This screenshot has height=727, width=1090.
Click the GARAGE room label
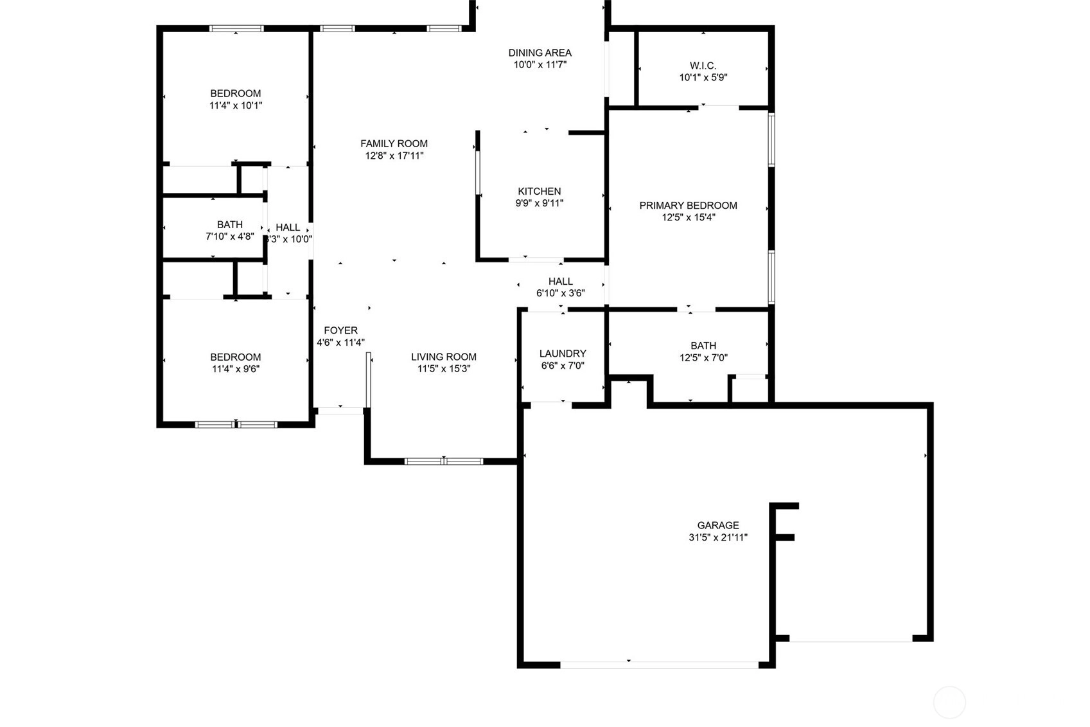click(x=717, y=525)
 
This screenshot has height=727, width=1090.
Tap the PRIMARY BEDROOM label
click(x=688, y=206)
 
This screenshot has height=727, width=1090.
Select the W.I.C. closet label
click(x=703, y=66)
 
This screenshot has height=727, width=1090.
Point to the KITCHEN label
click(x=539, y=192)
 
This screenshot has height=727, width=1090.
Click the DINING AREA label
click(x=540, y=53)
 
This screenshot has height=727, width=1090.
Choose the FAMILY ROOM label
click(x=394, y=143)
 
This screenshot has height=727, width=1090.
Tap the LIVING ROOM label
click(x=444, y=357)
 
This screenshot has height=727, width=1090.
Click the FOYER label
click(x=340, y=330)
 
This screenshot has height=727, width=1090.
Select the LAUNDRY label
click(x=563, y=354)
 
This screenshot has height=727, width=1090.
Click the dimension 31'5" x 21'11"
click(x=717, y=537)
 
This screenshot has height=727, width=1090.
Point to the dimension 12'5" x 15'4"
click(x=688, y=218)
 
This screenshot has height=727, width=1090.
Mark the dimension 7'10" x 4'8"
click(x=230, y=237)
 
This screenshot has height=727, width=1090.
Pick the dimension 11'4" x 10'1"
click(x=236, y=105)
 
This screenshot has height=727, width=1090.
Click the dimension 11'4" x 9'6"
click(x=236, y=369)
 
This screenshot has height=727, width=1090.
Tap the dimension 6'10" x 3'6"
click(x=561, y=293)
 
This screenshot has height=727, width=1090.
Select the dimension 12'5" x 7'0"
click(x=703, y=358)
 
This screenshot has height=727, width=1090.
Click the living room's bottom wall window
click(x=444, y=462)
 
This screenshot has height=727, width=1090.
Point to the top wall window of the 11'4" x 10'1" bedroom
click(x=236, y=29)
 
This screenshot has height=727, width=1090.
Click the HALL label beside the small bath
click(x=288, y=228)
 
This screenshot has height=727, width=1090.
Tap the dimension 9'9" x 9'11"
click(x=539, y=204)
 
